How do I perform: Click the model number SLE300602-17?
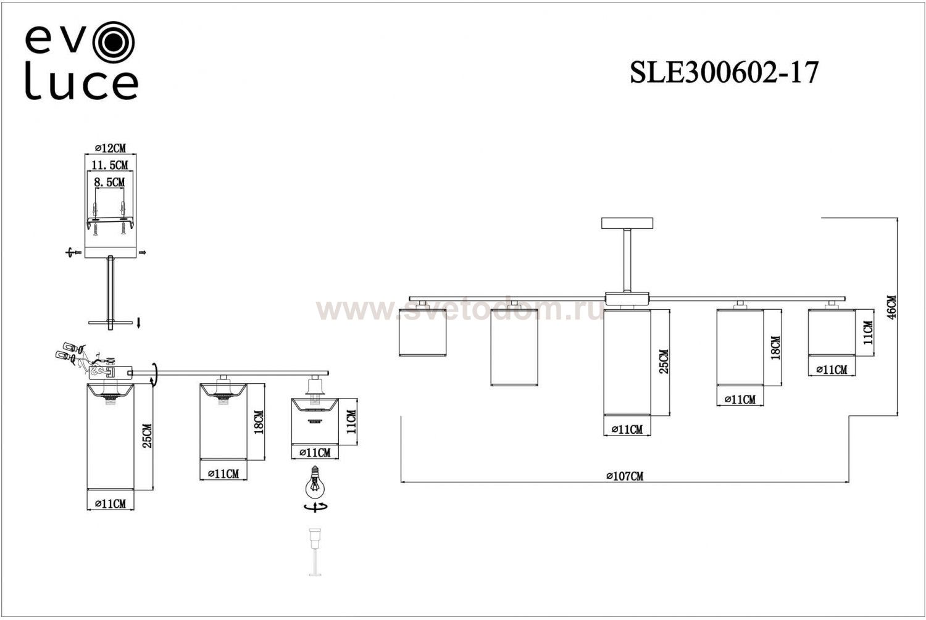tap(724, 73)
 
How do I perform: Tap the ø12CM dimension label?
tap(111, 148)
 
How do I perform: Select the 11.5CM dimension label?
tap(110, 165)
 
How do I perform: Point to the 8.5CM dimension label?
tap(109, 183)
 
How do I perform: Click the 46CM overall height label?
tap(891, 307)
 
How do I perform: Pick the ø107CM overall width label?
tap(625, 476)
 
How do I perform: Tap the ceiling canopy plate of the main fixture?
tap(627, 223)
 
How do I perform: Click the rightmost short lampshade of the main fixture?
tap(831, 333)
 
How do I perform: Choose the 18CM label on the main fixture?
tap(775, 347)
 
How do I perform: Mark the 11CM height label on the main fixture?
tap(868, 333)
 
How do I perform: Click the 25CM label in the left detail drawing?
tap(147, 436)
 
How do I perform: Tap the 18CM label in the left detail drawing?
tap(259, 422)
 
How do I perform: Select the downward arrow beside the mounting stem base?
tap(139, 321)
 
